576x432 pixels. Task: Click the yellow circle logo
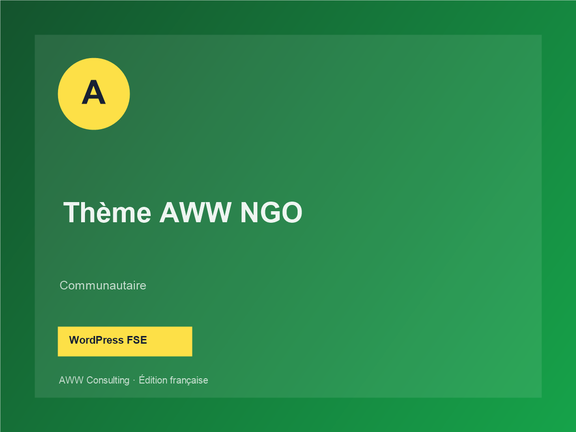pos(94,94)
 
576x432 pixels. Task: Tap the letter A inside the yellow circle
pos(94,92)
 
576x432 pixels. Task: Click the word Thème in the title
pos(108,212)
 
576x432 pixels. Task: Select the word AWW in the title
pos(195,212)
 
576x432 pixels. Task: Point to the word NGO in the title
pos(271,212)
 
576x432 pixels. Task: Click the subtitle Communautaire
pos(103,286)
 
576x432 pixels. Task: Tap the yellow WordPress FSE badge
pos(125,341)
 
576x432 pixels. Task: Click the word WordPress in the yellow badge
pos(96,340)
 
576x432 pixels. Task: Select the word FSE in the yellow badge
pos(137,340)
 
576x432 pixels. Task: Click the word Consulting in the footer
pos(108,380)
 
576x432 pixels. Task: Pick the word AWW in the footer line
pos(72,380)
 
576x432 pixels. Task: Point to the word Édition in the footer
pos(153,380)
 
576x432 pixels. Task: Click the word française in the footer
pos(189,380)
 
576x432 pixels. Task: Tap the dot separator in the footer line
pos(134,381)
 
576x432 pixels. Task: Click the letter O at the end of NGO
pos(291,212)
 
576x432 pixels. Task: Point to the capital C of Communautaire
pos(64,286)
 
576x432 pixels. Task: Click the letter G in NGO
pos(269,212)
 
